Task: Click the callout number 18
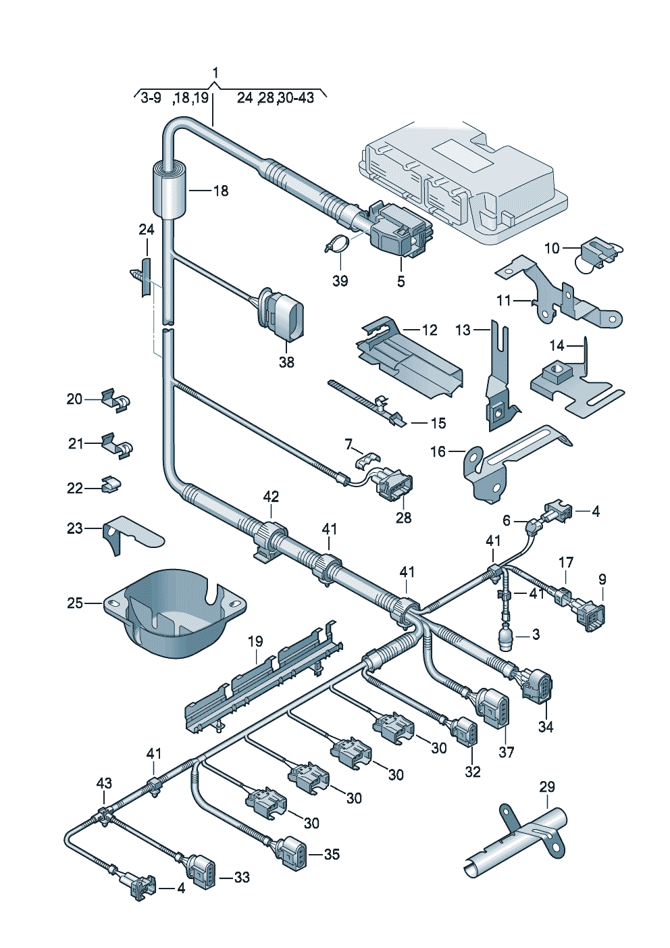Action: click(222, 191)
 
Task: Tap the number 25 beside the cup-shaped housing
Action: click(75, 603)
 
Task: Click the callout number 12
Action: click(430, 330)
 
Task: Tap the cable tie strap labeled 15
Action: click(366, 401)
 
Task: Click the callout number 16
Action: click(438, 451)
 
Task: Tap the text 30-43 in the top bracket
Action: click(296, 98)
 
